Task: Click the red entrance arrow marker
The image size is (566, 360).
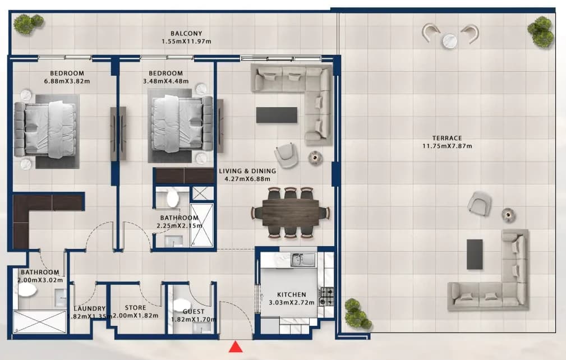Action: pos(236,347)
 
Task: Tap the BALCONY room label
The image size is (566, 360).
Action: pos(186,34)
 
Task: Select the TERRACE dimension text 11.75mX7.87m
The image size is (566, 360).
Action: pos(447,146)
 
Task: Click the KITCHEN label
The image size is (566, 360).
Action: pos(292,295)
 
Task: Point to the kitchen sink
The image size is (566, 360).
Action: pos(303,259)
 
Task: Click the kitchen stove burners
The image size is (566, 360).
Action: pos(326,296)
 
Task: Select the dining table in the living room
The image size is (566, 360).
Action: pos(291,213)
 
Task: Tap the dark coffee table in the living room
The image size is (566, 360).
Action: pos(277,115)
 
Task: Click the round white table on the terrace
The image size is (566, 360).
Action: pos(449,40)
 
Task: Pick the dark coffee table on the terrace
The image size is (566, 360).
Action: pos(475,255)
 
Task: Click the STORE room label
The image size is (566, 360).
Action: pos(135,308)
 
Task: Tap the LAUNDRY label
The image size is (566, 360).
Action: pos(90,309)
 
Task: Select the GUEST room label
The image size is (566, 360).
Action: pos(194,312)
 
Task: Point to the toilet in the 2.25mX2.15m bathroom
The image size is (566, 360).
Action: pos(173,199)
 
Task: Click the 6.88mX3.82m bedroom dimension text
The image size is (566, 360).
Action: pos(67,81)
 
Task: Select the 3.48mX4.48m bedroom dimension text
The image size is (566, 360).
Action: pos(165,81)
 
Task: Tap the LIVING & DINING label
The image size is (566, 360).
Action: pos(247,171)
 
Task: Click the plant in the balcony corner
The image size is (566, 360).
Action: pos(28,23)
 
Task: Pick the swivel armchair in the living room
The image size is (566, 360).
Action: pos(286,155)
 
